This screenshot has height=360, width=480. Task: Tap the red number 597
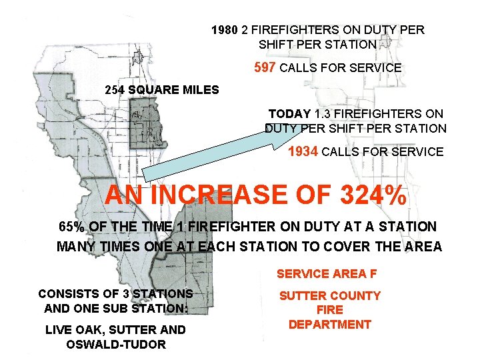pyautogui.click(x=266, y=68)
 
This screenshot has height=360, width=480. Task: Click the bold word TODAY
pyautogui.click(x=289, y=114)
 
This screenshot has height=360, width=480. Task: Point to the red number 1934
pyautogui.click(x=303, y=151)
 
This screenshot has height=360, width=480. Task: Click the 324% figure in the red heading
pyautogui.click(x=364, y=195)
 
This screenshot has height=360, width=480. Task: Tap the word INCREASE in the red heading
pyautogui.click(x=229, y=195)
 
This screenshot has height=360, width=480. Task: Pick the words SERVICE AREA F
pyautogui.click(x=321, y=273)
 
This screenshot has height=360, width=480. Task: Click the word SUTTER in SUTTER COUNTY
pyautogui.click(x=301, y=296)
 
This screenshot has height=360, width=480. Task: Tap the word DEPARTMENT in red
pyautogui.click(x=329, y=325)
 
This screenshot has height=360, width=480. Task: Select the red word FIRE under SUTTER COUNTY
pyautogui.click(x=329, y=310)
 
